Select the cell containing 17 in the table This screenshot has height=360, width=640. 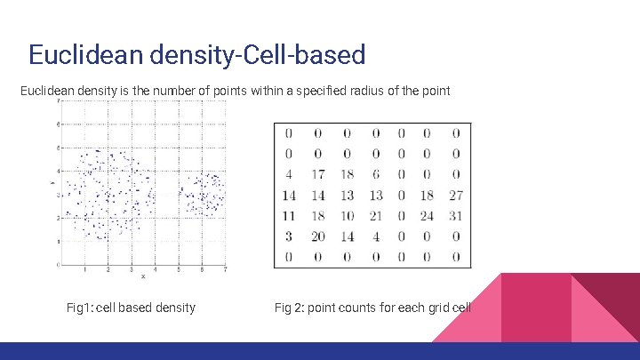(317, 175)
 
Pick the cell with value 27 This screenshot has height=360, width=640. (454, 196)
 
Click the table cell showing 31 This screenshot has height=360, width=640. (454, 216)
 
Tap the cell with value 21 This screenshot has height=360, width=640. (375, 216)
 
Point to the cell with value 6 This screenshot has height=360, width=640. (375, 175)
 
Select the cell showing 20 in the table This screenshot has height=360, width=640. (317, 236)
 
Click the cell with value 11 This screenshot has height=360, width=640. (288, 216)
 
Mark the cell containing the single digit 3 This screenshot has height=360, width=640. (288, 236)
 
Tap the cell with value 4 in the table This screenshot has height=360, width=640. (288, 175)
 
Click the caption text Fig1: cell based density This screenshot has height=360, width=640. (131, 308)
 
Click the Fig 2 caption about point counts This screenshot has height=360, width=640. (372, 308)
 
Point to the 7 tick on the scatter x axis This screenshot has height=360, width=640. (226, 268)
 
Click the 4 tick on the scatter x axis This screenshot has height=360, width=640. (155, 268)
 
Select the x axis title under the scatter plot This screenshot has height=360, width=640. (143, 276)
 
